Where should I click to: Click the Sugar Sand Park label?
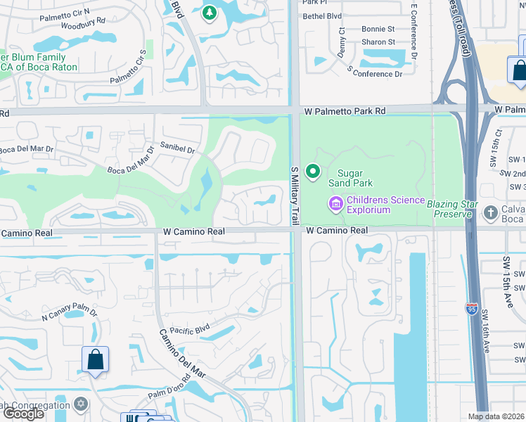(x=360, y=178)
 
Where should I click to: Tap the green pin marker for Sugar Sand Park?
(x=313, y=171)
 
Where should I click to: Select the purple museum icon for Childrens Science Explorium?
(x=335, y=205)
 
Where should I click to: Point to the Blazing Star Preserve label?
(x=452, y=208)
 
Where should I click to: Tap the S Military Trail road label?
(x=295, y=196)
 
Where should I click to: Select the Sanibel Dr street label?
(x=177, y=150)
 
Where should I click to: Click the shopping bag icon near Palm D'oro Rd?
(x=95, y=359)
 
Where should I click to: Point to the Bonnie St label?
(x=378, y=30)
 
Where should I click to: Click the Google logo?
(x=24, y=414)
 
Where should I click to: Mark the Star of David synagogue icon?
(x=81, y=404)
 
